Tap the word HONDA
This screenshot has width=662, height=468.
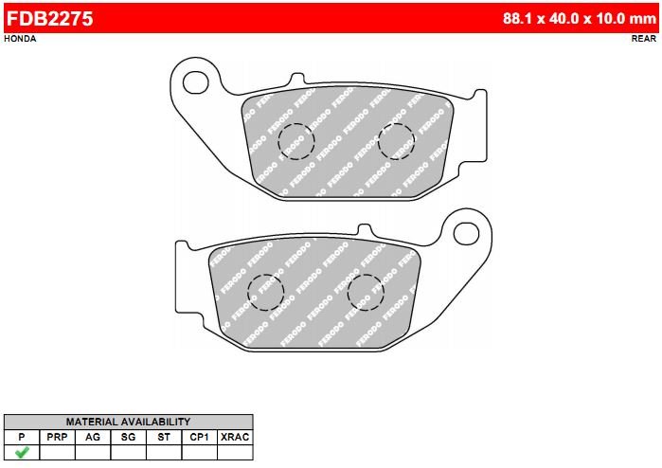coord(21,39)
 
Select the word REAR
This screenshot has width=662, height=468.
coord(643,39)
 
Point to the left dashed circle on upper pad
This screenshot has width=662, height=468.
coord(295,141)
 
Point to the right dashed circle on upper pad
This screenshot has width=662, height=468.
coord(396,141)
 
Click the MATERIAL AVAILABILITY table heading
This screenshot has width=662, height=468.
coord(128,422)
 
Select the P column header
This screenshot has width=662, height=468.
coord(21,437)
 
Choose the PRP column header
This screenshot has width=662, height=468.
coord(57,437)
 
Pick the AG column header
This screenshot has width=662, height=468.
coord(92,437)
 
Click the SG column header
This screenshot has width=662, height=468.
coord(128,437)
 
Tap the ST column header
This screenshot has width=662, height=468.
coord(163,437)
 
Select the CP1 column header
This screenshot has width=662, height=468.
coord(199,437)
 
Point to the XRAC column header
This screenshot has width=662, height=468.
coord(235,437)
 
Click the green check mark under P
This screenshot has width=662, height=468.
coord(21,452)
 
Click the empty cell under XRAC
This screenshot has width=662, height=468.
coord(235,452)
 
